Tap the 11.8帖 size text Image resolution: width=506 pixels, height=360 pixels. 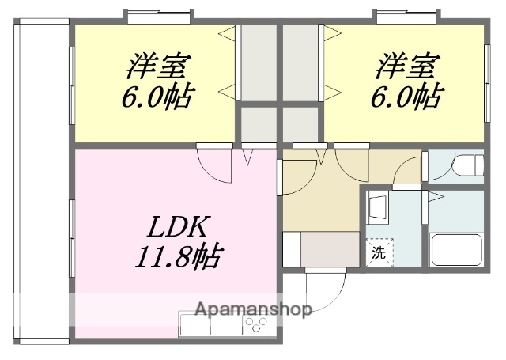(x=176, y=256)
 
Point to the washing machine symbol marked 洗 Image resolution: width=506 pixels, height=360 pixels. (x=380, y=254)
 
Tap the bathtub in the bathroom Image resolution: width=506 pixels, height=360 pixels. (x=456, y=249)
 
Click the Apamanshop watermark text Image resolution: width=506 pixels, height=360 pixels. (x=252, y=309)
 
